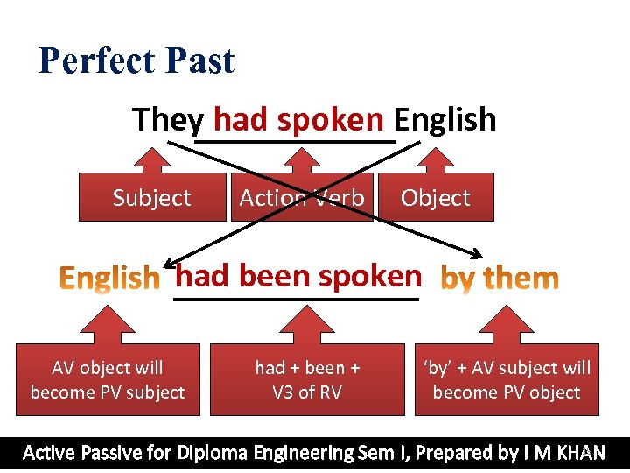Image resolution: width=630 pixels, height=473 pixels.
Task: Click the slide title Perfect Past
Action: (136, 61)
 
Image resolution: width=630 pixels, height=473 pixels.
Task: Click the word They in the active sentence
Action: (168, 119)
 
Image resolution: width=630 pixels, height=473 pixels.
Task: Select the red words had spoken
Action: (298, 119)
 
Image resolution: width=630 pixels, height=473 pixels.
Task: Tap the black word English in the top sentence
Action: (444, 119)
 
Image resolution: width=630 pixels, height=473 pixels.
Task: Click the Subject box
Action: (151, 198)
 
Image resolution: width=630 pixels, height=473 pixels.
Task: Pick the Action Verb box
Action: (301, 198)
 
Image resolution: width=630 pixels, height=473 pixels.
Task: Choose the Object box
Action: (435, 198)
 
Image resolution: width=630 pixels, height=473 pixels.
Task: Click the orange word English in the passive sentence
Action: (109, 279)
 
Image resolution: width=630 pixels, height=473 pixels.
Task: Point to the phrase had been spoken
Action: (298, 276)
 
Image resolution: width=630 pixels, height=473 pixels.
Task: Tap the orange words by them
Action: (499, 279)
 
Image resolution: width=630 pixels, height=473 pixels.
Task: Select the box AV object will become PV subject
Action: (108, 380)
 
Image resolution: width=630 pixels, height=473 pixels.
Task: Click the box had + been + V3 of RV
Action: (307, 380)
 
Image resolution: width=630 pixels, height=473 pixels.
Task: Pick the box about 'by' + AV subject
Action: (507, 380)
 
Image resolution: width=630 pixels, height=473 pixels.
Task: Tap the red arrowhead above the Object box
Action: (435, 158)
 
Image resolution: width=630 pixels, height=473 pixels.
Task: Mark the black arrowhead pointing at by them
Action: (475, 254)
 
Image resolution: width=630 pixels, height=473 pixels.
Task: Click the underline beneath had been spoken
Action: (297, 300)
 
